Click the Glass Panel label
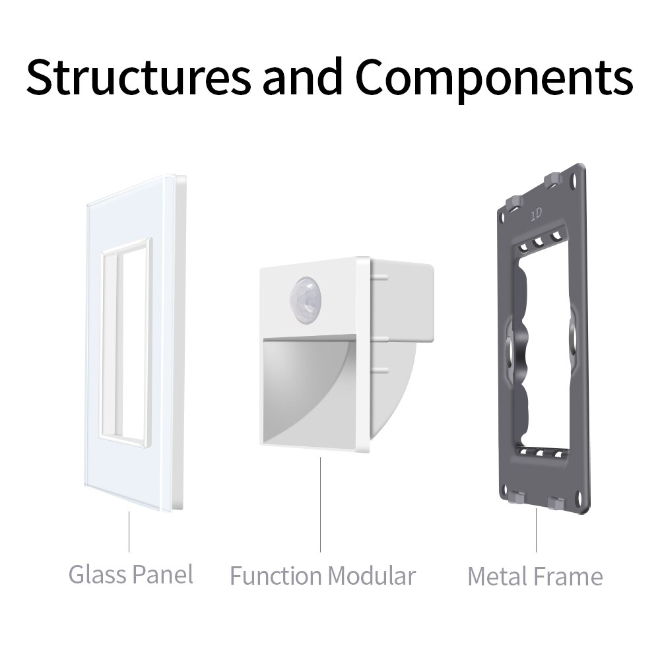[131, 574]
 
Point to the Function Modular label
[323, 576]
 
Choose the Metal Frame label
[535, 576]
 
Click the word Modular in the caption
[372, 576]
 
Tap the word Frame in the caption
[570, 576]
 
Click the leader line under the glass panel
[129, 532]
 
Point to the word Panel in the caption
[162, 574]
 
